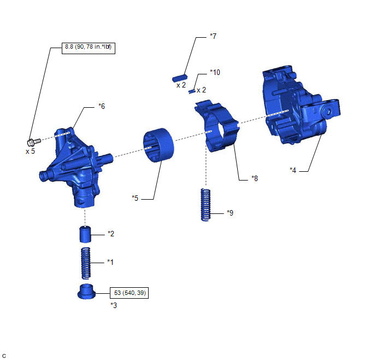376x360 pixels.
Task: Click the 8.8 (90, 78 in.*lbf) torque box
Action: [89, 48]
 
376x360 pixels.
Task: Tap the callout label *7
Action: [213, 36]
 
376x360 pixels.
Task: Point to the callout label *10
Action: [215, 72]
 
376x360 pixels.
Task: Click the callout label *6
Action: [102, 106]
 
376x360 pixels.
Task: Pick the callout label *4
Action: [293, 170]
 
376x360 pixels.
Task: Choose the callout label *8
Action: [255, 178]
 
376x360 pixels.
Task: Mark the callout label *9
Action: [230, 213]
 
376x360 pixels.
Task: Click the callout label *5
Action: [135, 198]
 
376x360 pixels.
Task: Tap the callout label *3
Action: [114, 305]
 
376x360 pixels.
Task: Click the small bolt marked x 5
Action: [34, 142]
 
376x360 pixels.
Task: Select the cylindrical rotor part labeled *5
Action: [158, 145]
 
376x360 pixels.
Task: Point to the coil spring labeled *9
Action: [205, 205]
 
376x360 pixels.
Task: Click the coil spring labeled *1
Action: [86, 263]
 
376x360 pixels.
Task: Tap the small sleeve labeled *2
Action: [85, 234]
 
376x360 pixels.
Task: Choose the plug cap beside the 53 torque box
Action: [86, 292]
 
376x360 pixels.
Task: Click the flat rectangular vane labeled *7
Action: [180, 78]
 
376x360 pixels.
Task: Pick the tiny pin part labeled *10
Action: [192, 91]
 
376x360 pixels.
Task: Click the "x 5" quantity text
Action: [30, 152]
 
